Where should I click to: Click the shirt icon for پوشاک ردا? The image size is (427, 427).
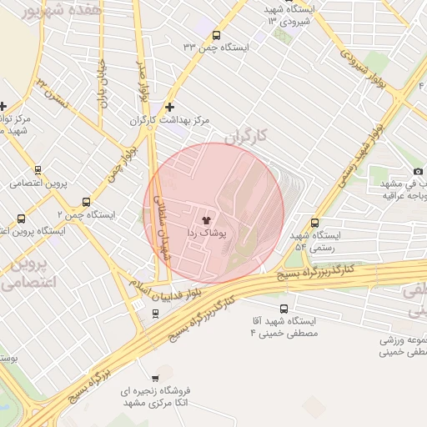pos(207,220)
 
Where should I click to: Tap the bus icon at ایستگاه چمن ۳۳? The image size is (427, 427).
pos(217,35)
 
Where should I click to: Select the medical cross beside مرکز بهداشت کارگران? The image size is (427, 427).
pos(170,107)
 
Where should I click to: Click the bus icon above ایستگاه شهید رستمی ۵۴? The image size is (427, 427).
pos(314,223)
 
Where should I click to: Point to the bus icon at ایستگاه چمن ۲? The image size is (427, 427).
pos(87,202)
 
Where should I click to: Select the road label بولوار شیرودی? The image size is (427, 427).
pos(365,59)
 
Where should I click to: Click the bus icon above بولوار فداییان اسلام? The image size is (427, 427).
pos(156,314)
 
